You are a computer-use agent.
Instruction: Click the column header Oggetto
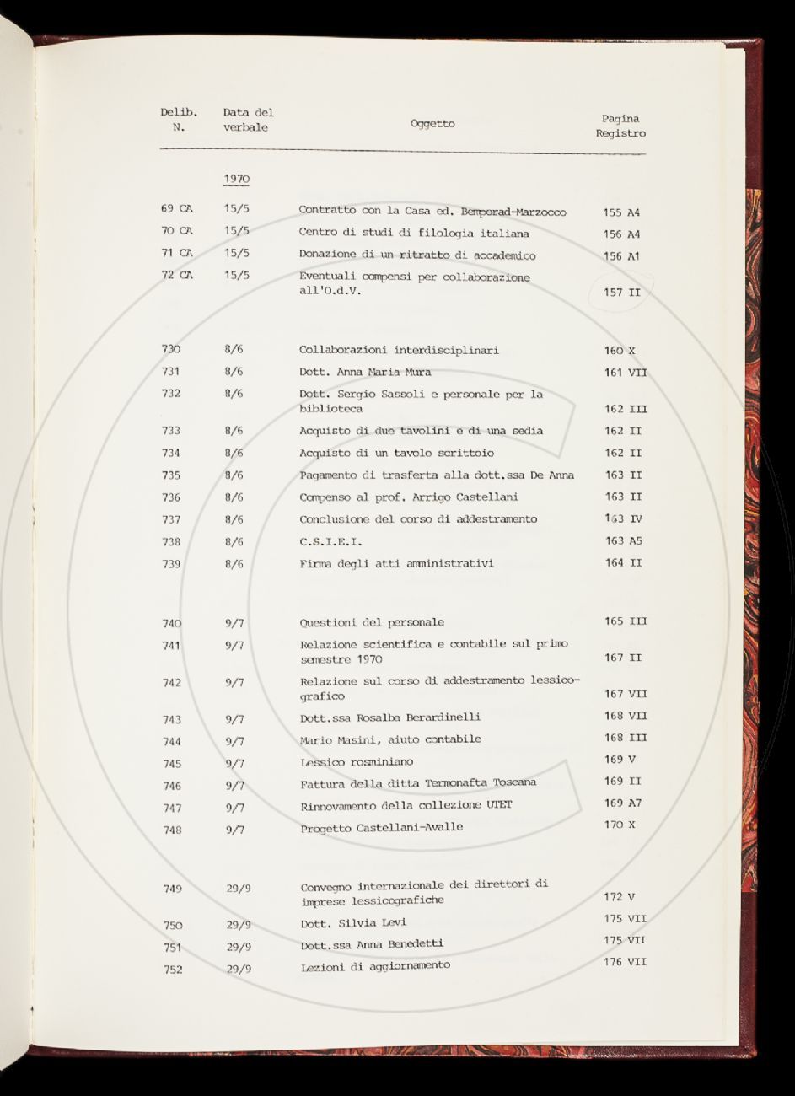click(432, 124)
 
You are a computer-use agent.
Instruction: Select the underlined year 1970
click(236, 179)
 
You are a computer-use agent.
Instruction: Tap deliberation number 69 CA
click(176, 208)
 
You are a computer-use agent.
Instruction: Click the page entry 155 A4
click(621, 212)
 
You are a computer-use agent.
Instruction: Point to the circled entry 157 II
click(622, 293)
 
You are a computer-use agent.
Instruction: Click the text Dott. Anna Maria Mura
click(364, 372)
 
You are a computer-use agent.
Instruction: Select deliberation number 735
click(171, 475)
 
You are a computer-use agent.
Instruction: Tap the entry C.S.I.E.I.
click(330, 541)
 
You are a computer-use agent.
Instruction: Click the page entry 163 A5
click(623, 541)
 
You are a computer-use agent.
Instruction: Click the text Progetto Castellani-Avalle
click(381, 828)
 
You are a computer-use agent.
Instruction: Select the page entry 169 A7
click(622, 803)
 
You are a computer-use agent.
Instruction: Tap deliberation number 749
click(172, 889)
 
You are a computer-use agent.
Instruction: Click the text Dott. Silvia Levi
click(353, 923)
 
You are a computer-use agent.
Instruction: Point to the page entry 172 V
click(620, 897)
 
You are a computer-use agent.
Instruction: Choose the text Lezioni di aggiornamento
click(375, 966)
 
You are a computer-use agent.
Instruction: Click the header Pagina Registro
click(620, 126)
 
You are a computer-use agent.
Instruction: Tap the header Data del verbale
click(248, 120)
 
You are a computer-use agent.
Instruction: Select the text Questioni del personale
click(372, 623)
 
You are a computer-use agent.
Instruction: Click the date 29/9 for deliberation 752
click(239, 969)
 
